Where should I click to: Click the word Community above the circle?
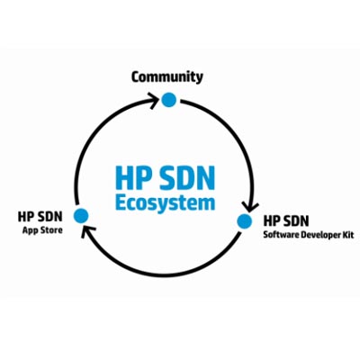pyautogui.click(x=167, y=77)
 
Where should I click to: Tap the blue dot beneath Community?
pyautogui.click(x=168, y=99)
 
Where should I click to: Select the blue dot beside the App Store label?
pyautogui.click(x=81, y=215)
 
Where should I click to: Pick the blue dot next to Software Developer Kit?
pyautogui.click(x=245, y=221)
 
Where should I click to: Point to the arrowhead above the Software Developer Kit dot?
pyautogui.click(x=250, y=206)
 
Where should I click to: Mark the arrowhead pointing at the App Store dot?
pyautogui.click(x=87, y=231)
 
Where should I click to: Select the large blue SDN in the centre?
pyautogui.click(x=185, y=177)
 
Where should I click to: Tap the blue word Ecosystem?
pyautogui.click(x=166, y=203)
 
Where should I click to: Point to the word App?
pyautogui.click(x=29, y=230)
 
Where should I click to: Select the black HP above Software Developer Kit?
pyautogui.click(x=271, y=220)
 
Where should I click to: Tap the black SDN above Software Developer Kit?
pyautogui.click(x=295, y=220)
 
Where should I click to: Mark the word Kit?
pyautogui.click(x=348, y=234)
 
